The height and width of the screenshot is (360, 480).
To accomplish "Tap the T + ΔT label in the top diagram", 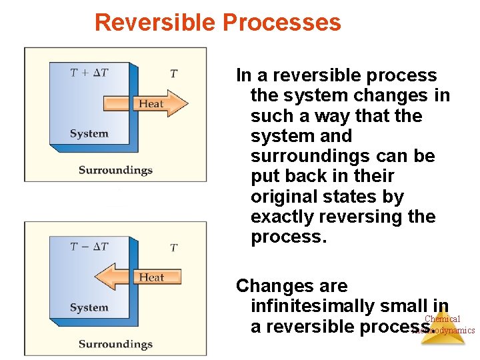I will pyautogui.click(x=89, y=73).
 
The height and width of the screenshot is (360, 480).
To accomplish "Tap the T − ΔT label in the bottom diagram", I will pyautogui.click(x=89, y=247).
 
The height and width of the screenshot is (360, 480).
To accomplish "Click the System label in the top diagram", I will pyautogui.click(x=89, y=133).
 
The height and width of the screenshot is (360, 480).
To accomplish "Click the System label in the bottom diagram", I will pyautogui.click(x=89, y=307).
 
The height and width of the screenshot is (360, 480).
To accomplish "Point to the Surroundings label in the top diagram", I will pyautogui.click(x=115, y=170).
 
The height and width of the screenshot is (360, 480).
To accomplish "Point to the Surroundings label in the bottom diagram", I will pyautogui.click(x=115, y=344).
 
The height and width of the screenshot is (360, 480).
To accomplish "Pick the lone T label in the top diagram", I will pyautogui.click(x=173, y=73).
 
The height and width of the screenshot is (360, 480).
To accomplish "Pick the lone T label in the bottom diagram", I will pyautogui.click(x=173, y=247).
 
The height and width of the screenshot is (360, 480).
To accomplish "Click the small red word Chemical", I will pyautogui.click(x=442, y=319).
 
